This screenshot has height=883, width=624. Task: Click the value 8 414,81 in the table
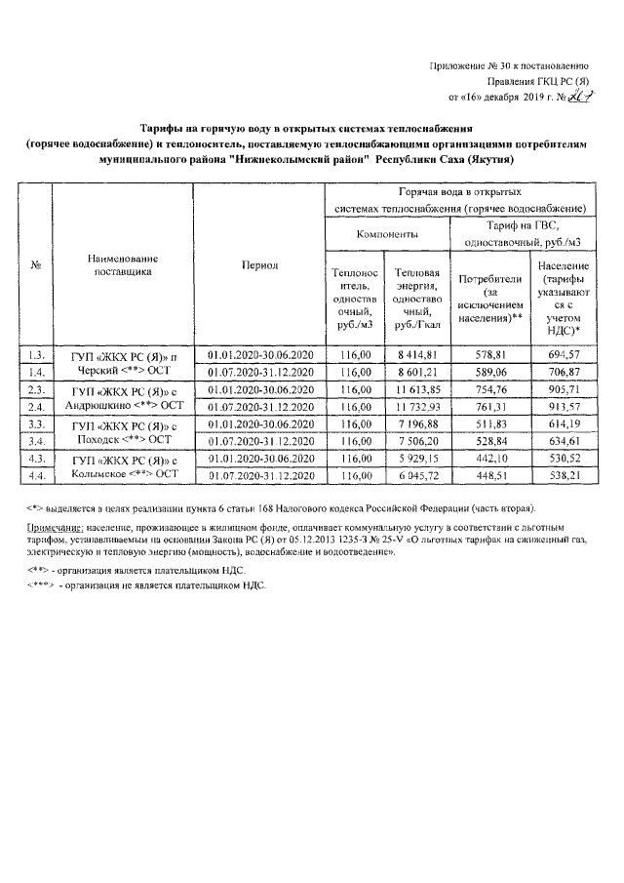[x=417, y=354]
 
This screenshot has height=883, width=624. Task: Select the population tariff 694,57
[x=561, y=354]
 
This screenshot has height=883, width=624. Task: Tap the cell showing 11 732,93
[x=417, y=406]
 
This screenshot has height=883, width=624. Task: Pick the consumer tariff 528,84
[x=488, y=441]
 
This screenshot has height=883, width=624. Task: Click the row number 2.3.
[x=36, y=389]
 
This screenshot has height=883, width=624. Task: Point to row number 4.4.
[x=36, y=475]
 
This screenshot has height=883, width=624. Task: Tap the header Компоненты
[x=385, y=234]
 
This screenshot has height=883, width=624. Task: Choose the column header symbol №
[x=36, y=265]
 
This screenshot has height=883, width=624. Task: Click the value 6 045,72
[x=417, y=475]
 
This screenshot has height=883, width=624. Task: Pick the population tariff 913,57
[x=561, y=406]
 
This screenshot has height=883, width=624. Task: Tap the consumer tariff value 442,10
[x=488, y=459]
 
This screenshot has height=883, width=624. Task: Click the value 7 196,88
[x=417, y=423]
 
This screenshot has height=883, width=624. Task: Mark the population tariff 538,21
[x=561, y=475]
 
